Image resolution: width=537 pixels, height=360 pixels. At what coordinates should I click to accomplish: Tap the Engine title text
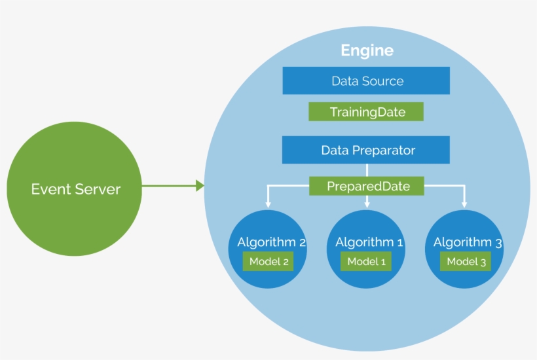point(367,50)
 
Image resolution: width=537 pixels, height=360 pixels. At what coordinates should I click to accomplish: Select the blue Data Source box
point(366,81)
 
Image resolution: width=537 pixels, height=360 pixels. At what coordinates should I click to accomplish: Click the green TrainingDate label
point(366,112)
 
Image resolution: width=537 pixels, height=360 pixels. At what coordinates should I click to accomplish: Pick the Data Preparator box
point(366,150)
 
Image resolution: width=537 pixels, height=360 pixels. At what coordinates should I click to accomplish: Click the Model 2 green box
point(268,262)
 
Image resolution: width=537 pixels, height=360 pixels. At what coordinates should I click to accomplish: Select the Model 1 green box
point(367,262)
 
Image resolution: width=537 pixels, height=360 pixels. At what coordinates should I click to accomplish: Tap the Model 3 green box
point(466,262)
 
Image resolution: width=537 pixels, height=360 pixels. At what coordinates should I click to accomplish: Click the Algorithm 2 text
point(271,242)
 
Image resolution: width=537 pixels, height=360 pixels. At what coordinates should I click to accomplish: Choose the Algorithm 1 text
point(369,242)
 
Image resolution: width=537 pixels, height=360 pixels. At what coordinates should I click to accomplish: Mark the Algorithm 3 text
point(467,242)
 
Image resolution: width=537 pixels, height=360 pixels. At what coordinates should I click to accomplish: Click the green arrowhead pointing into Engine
point(200,186)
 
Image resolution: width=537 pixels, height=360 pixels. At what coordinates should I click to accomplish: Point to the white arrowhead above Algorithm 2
point(268,204)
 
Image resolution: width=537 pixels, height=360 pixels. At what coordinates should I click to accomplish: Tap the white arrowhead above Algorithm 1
point(367,204)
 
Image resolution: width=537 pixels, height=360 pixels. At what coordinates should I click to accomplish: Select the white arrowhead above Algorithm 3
point(465,204)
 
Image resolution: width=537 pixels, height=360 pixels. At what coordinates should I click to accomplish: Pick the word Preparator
point(383,150)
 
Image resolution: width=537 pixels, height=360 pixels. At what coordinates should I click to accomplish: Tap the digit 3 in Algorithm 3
point(498,243)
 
